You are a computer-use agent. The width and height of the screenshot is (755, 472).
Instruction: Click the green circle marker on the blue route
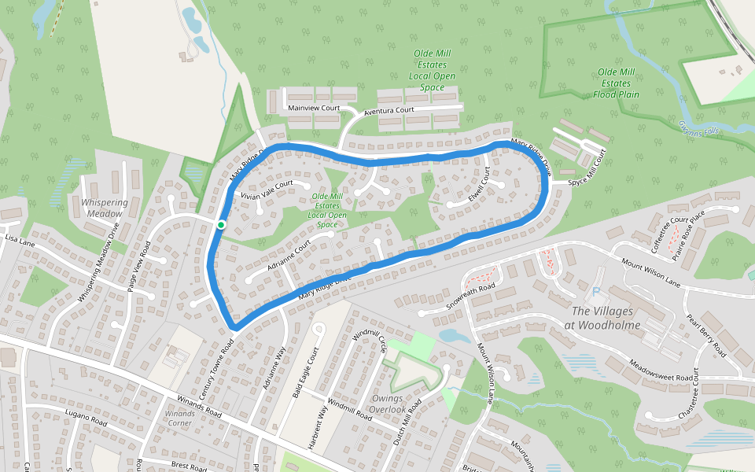[221, 225]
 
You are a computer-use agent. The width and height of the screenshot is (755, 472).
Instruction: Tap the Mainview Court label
[313, 108]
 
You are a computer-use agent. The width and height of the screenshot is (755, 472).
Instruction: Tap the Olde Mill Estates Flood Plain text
[615, 83]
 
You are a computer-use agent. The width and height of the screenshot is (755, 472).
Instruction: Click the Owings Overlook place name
[389, 404]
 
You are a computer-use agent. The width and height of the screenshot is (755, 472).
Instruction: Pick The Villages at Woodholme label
[606, 319]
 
